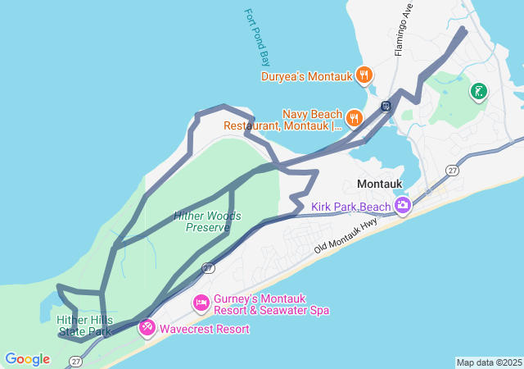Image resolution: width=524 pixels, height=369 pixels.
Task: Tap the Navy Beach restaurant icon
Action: coord(354,117)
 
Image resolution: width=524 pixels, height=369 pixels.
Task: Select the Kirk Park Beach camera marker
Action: coord(402,205)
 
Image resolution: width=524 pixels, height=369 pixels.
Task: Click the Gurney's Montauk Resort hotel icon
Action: coord(201,303)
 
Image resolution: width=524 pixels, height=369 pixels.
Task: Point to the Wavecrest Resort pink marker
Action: coord(147,328)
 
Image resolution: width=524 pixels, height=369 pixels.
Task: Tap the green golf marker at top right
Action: coord(477,90)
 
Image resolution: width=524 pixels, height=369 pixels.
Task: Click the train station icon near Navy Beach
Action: coord(385,106)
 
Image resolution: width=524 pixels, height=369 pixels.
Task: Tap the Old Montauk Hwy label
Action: coord(346,234)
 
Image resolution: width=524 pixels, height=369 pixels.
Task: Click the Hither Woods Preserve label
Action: coord(207,221)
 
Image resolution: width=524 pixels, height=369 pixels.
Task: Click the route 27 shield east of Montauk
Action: coord(452,170)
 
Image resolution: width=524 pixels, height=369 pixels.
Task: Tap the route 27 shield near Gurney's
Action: coord(209,267)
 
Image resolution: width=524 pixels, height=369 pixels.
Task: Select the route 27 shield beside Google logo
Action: coord(76,361)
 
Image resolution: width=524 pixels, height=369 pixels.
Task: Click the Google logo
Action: coord(27,359)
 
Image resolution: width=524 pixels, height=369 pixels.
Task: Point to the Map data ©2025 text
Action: coord(489,362)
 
